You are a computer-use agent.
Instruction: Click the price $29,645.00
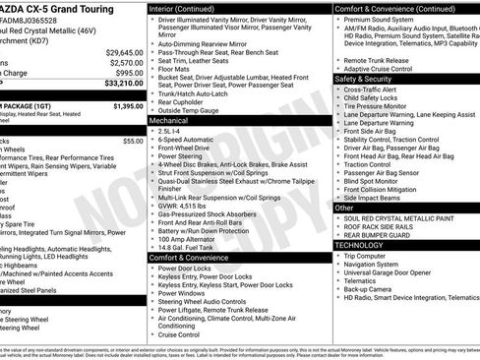click(x=124, y=52)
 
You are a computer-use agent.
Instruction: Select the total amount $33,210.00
click(x=124, y=84)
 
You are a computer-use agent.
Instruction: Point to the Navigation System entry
click(x=374, y=264)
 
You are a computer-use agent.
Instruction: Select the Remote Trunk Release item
click(x=378, y=58)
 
